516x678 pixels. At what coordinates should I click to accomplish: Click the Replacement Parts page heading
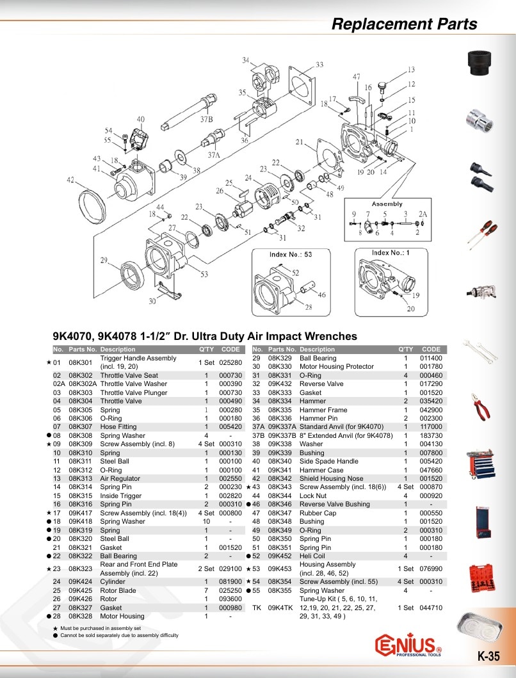point(405,24)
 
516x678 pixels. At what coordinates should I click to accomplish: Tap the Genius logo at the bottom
point(408,645)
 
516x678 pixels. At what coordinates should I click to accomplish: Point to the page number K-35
point(488,656)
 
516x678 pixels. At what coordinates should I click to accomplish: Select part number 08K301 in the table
point(81,362)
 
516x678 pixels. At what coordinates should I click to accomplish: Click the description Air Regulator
point(120,479)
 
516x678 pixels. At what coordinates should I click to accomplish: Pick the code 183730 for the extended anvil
point(431,435)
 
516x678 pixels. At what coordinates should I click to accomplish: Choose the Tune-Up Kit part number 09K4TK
point(280,608)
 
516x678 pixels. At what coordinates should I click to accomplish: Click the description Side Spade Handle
point(328,462)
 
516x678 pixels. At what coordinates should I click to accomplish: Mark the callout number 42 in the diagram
point(70,179)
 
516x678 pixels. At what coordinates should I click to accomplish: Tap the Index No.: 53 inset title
point(290,254)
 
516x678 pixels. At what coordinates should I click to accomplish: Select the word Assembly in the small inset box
point(387,204)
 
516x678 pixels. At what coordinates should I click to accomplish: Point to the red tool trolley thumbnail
point(481,464)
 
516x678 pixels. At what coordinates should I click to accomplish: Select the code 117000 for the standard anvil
point(431,427)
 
